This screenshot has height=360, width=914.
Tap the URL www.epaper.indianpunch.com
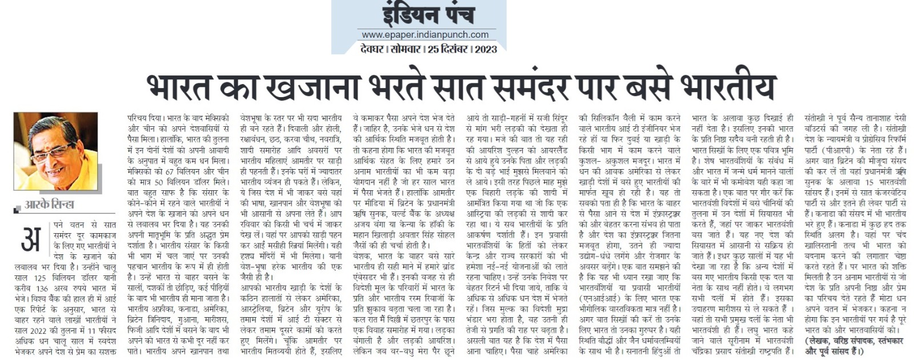pos(425,35)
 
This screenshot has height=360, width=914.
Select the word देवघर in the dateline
pos(372,49)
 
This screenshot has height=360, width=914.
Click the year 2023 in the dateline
pos(486,49)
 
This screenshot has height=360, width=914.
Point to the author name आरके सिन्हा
pos(50,205)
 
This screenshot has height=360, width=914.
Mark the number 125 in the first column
pos(39,277)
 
